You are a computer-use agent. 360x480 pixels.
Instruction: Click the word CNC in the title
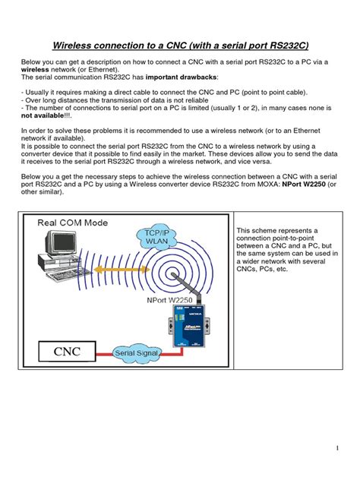tap(176, 46)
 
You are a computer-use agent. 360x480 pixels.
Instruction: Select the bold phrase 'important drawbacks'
tap(181, 77)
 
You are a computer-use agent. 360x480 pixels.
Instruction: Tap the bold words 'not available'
tap(43, 115)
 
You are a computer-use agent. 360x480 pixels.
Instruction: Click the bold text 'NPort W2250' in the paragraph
tap(304, 185)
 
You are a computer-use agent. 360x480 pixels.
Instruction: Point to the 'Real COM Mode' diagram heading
tap(73, 223)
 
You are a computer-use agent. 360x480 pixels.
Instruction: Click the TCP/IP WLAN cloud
tap(156, 237)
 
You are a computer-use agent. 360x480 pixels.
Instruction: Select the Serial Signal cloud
tap(136, 353)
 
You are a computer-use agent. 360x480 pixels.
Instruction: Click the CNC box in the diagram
tap(67, 352)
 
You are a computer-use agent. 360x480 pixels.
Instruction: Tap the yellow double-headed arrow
tap(122, 270)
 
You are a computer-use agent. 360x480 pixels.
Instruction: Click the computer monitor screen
tap(64, 243)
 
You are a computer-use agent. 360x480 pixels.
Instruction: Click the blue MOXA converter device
tap(188, 326)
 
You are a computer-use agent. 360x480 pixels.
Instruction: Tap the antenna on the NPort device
tap(187, 288)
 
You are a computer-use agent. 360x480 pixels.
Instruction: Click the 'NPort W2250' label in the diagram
tap(169, 300)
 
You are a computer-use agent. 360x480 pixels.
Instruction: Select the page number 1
tap(337, 448)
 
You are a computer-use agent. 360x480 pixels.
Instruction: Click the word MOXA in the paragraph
tap(268, 185)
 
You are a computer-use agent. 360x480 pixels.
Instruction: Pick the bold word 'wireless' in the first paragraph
tap(35, 69)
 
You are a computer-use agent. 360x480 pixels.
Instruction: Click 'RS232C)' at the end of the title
tap(289, 46)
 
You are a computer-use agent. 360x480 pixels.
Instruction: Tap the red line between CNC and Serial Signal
tap(104, 354)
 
